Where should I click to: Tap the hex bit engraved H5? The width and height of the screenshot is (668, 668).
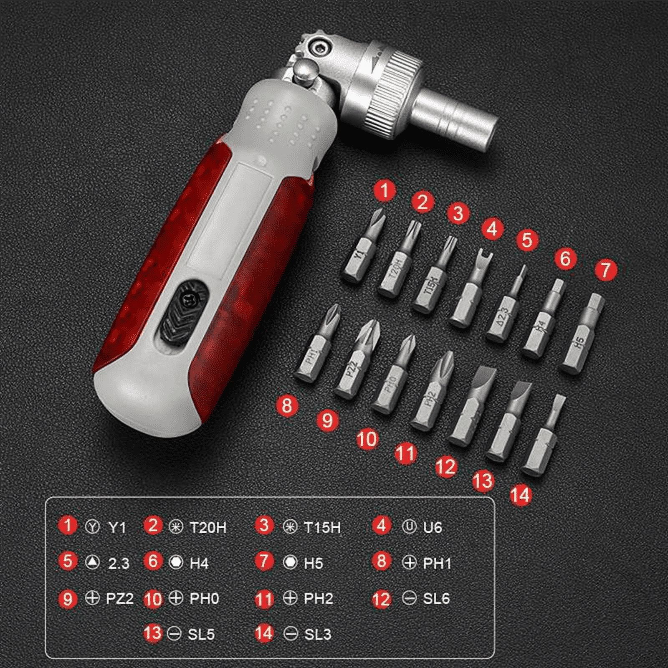(x=581, y=334)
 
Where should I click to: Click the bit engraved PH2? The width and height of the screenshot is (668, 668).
(x=432, y=392)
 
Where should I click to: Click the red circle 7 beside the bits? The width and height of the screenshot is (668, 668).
(x=605, y=269)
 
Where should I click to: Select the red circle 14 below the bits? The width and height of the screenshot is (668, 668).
(x=521, y=495)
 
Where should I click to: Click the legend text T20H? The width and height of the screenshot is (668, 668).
(x=208, y=527)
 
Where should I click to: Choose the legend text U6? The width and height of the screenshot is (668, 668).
(x=433, y=527)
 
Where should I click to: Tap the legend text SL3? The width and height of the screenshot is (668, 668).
(x=318, y=634)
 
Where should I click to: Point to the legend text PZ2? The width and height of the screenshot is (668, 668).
(x=119, y=599)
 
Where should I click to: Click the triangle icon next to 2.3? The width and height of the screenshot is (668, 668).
(x=92, y=562)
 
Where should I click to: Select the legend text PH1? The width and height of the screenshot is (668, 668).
(x=437, y=563)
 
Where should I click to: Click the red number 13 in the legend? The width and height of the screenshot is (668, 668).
(x=153, y=633)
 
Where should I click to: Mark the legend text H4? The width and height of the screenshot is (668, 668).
(x=199, y=563)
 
